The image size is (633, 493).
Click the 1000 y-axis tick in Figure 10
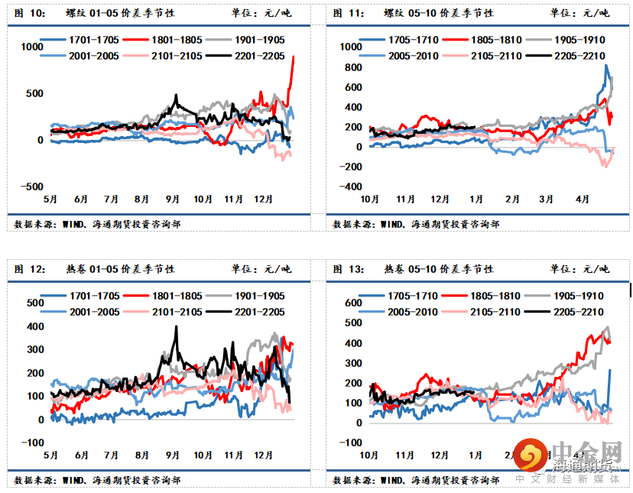pyautogui.click(x=32, y=47)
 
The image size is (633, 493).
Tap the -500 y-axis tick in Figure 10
pyautogui.click(x=31, y=186)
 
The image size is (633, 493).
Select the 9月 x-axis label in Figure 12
pyautogui.click(x=172, y=455)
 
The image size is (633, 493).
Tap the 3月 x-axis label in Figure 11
pyautogui.click(x=545, y=199)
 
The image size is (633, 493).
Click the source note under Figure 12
pyautogui.click(x=98, y=480)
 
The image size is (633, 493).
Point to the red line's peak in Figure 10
pyautogui.click(x=294, y=57)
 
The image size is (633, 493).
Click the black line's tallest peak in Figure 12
pyautogui.click(x=177, y=326)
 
